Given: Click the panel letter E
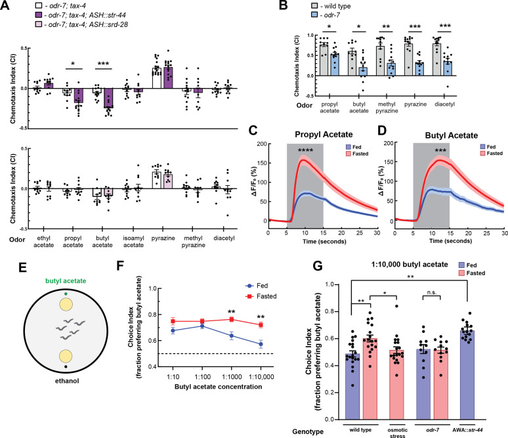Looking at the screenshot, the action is (x=22, y=268).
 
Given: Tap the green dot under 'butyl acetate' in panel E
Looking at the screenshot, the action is (x=66, y=294).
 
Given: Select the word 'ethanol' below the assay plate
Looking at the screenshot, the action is (x=67, y=381).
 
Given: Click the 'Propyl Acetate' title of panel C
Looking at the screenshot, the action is (x=324, y=135).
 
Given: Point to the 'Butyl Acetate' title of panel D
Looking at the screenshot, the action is (x=452, y=135).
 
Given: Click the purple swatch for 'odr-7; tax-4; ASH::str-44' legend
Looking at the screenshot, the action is (x=38, y=15).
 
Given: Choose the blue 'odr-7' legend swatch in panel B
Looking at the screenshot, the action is (x=314, y=15).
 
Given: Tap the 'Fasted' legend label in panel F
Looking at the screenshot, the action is (x=266, y=296).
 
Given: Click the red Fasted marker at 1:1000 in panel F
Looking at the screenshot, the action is (x=232, y=319).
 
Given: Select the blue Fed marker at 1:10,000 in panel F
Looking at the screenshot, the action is (x=261, y=344).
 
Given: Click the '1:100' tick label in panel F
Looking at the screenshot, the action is (x=203, y=377).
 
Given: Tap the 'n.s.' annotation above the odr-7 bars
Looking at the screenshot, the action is (x=432, y=292).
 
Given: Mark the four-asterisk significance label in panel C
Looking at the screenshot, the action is (x=305, y=150).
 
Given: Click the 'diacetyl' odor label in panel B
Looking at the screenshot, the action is (x=444, y=104).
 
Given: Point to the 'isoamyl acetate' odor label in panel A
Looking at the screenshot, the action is (x=133, y=242).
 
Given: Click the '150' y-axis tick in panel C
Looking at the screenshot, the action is (x=262, y=163).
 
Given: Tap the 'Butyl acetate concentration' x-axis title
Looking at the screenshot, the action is (x=219, y=387).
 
